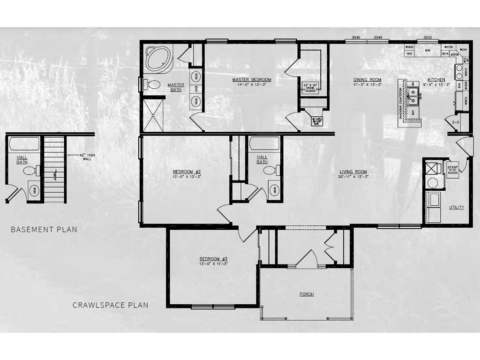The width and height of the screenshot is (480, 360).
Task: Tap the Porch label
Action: pos(307,294)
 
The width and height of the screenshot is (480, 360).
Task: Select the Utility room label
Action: pos(457,207)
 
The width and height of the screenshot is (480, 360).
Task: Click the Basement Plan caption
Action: pos(44,230)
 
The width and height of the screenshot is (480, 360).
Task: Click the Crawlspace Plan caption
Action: pos(110,305)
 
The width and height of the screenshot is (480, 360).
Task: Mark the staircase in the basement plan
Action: pos(54,169)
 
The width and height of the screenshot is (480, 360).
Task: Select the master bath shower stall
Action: pos(153,115)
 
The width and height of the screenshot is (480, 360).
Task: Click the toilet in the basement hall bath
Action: pos(30,170)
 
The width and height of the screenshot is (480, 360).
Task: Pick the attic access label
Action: pos(453,170)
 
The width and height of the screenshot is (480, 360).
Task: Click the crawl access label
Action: pos(311,87)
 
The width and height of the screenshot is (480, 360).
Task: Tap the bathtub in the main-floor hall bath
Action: pos(264,143)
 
